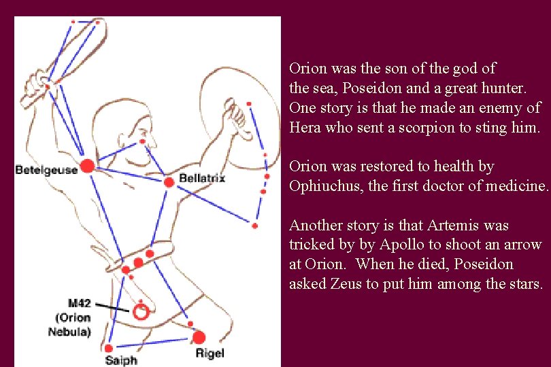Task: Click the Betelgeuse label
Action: click(46, 170)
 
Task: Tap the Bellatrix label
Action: click(201, 178)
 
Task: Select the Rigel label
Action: click(210, 353)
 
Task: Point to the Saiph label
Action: click(120, 360)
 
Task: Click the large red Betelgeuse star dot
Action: click(87, 166)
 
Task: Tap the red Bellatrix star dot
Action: click(169, 181)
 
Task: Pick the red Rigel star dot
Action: click(199, 337)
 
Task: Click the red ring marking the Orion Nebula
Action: click(141, 312)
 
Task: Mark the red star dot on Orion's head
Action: click(144, 142)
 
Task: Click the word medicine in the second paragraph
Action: click(516, 186)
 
